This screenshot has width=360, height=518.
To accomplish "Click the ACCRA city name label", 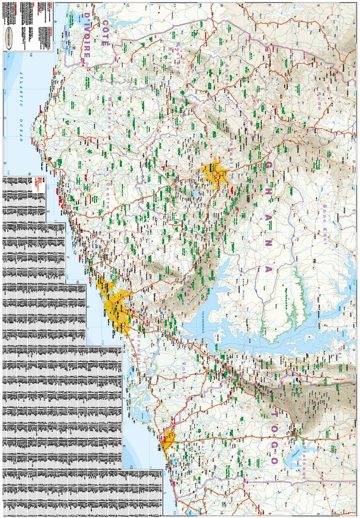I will pyautogui.click(x=108, y=313).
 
